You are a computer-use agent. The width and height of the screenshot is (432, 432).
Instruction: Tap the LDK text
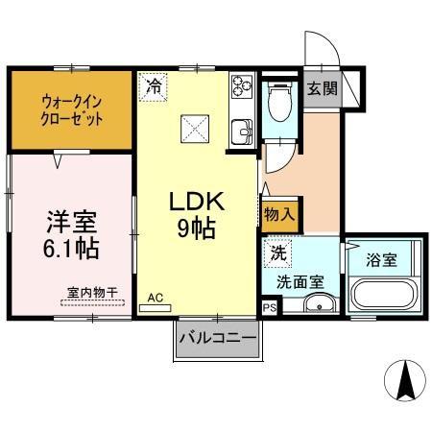pyautogui.click(x=197, y=203)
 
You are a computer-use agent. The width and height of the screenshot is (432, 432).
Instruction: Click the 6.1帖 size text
pyautogui.click(x=71, y=249)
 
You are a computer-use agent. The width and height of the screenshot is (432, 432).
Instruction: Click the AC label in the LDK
pyautogui.click(x=155, y=298)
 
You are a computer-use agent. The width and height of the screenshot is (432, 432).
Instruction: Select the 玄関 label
pyautogui.click(x=322, y=88)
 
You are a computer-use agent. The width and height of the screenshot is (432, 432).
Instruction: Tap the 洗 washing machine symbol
pyautogui.click(x=277, y=255)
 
